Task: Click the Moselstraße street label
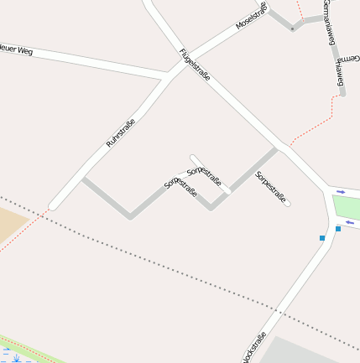pos(250,17)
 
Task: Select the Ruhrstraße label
pos(120,134)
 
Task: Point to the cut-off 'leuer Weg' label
pos(17,51)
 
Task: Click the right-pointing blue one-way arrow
pos(341,192)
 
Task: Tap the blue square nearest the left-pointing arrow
pos(338,228)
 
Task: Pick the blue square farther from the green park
pos(321,238)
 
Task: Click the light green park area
pos(347,206)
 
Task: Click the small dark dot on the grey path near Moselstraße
pos(292,29)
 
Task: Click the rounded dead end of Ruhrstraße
pos(53,205)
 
